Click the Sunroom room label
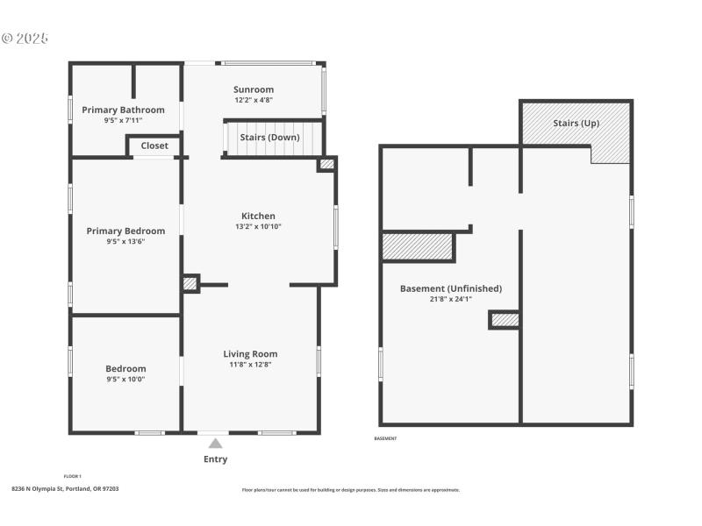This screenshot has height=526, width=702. coord(254,89)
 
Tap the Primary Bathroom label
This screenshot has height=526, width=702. coord(123,110)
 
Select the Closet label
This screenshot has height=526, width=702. coord(154,146)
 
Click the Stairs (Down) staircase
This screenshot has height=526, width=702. coord(270,139)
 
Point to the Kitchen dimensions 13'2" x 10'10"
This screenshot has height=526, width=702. coord(258,226)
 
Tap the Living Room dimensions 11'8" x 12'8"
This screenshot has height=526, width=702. coord(250,364)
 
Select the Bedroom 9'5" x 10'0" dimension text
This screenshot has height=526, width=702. coord(125,380)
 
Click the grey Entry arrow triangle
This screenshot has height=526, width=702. coord(215,444)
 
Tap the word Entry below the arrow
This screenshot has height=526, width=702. coord(215,459)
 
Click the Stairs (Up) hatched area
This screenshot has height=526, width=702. coord(576,124)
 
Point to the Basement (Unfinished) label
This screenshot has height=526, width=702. coord(451,288)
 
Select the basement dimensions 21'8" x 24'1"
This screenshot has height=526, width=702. coord(451,299)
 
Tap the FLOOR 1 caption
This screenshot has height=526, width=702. coord(73,476)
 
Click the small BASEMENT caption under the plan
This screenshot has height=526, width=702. coord(386,438)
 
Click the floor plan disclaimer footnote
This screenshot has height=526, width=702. coord(350,490)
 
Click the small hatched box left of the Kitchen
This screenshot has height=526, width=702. coord(190,283)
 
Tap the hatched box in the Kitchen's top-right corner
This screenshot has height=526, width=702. coord(326,164)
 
